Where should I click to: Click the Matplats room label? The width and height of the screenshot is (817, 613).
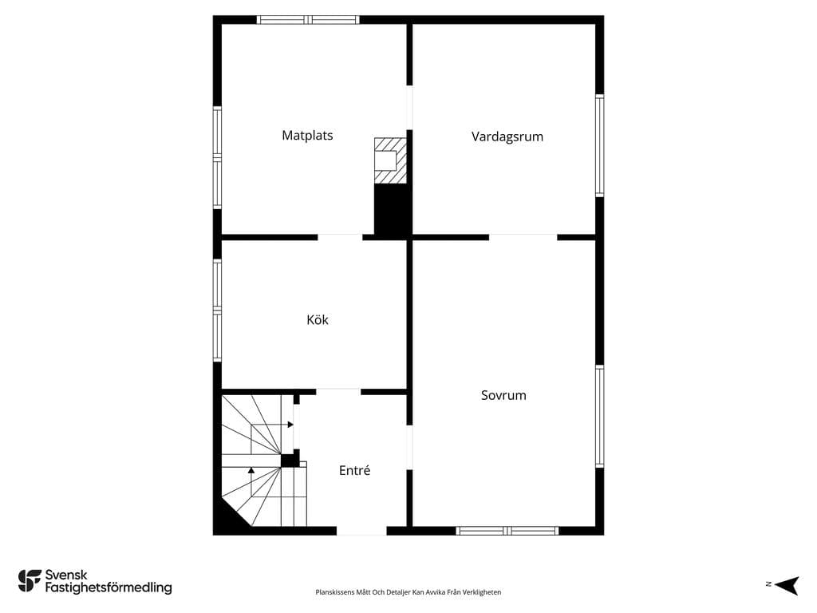point(307,136)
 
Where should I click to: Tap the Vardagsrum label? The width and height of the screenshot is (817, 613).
point(507,136)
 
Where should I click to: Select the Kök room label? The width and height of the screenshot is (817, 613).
point(318,319)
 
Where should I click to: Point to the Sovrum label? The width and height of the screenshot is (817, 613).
point(503,395)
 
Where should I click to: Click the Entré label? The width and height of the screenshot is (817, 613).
point(354,470)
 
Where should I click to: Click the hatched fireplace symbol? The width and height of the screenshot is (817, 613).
point(390,160)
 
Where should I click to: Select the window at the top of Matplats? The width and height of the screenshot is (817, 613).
point(308,20)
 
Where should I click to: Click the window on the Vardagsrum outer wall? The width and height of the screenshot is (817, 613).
point(600,145)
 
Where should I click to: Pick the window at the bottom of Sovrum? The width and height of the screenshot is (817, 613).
point(507,531)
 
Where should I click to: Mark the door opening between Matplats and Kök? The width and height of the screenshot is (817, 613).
point(340,237)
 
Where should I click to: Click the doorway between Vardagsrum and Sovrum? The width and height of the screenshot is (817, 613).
point(523,237)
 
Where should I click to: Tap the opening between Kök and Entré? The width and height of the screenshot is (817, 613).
point(338,391)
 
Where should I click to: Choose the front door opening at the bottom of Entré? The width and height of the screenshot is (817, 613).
point(361,531)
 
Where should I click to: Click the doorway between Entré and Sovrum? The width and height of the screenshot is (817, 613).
point(409,448)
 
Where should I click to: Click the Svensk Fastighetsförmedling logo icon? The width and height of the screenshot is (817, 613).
point(30,581)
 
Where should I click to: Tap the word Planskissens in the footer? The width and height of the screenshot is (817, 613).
point(334,592)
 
